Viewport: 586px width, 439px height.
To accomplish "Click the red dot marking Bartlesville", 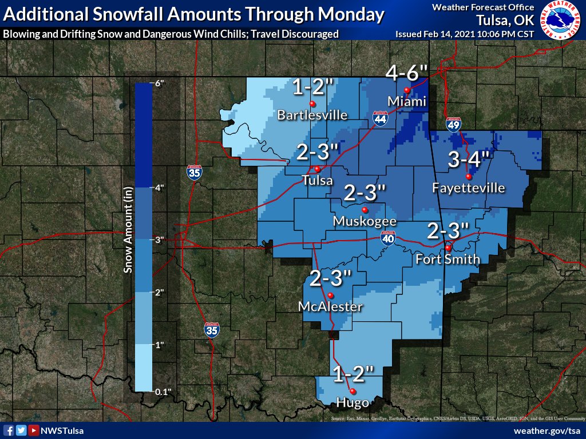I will [x=312, y=103].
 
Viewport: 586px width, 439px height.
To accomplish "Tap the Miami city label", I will [x=407, y=102].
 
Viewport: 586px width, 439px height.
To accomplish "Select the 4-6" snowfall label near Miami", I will [x=407, y=73].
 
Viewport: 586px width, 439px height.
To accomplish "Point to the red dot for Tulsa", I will [x=316, y=169].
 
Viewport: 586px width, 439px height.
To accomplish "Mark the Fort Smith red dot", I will [x=448, y=248].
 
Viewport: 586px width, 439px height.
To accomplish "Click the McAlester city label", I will [x=330, y=307].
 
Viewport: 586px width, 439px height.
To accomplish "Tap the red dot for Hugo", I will [x=353, y=392].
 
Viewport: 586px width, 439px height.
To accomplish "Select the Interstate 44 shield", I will [x=381, y=118].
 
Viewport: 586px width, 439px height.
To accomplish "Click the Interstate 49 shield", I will [x=453, y=125].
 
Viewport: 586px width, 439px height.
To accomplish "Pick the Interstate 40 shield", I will [x=389, y=238].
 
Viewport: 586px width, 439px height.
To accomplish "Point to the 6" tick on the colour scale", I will [x=159, y=83].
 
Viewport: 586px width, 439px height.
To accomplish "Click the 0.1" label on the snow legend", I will [x=163, y=391].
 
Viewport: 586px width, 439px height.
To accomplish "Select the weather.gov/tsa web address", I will [x=547, y=430].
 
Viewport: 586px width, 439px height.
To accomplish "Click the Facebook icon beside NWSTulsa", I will [x=9, y=430].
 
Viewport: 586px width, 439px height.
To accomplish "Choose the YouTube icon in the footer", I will [x=34, y=430].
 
